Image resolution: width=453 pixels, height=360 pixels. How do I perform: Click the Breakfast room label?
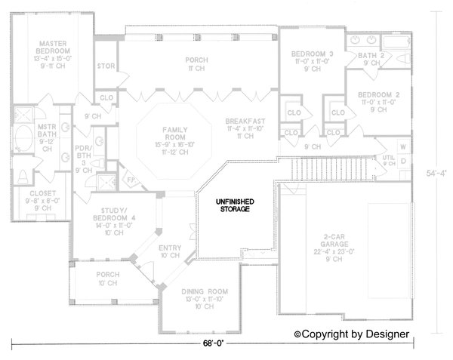click(x=243, y=122)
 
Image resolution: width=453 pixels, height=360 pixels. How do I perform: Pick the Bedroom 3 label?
click(x=312, y=54)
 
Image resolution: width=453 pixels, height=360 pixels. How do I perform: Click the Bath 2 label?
click(x=371, y=55)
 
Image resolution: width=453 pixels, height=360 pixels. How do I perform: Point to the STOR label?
click(x=105, y=66)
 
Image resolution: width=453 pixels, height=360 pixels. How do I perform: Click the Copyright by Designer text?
click(x=351, y=333)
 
